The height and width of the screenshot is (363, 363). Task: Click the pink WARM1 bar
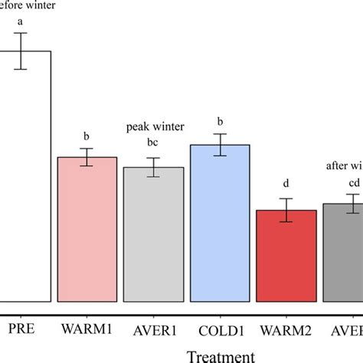tap(88, 230)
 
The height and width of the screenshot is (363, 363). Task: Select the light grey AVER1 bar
tap(154, 234)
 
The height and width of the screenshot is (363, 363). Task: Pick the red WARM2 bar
tap(286, 256)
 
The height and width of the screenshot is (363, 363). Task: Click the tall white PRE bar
tap(25, 176)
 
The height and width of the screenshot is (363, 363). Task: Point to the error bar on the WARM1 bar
tap(88, 157)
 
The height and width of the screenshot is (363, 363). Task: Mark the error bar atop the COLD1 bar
tap(220, 145)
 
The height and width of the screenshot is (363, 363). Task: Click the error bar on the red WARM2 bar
tap(286, 210)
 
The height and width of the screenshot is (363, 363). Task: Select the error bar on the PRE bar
tap(22, 51)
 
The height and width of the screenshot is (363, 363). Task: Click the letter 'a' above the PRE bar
tap(22, 21)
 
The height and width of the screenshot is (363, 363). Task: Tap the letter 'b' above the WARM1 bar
tap(88, 136)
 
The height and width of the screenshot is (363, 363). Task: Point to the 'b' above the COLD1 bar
tap(220, 121)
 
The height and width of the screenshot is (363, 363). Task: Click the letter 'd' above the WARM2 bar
tap(286, 183)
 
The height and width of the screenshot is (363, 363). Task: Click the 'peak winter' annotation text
tap(154, 126)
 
